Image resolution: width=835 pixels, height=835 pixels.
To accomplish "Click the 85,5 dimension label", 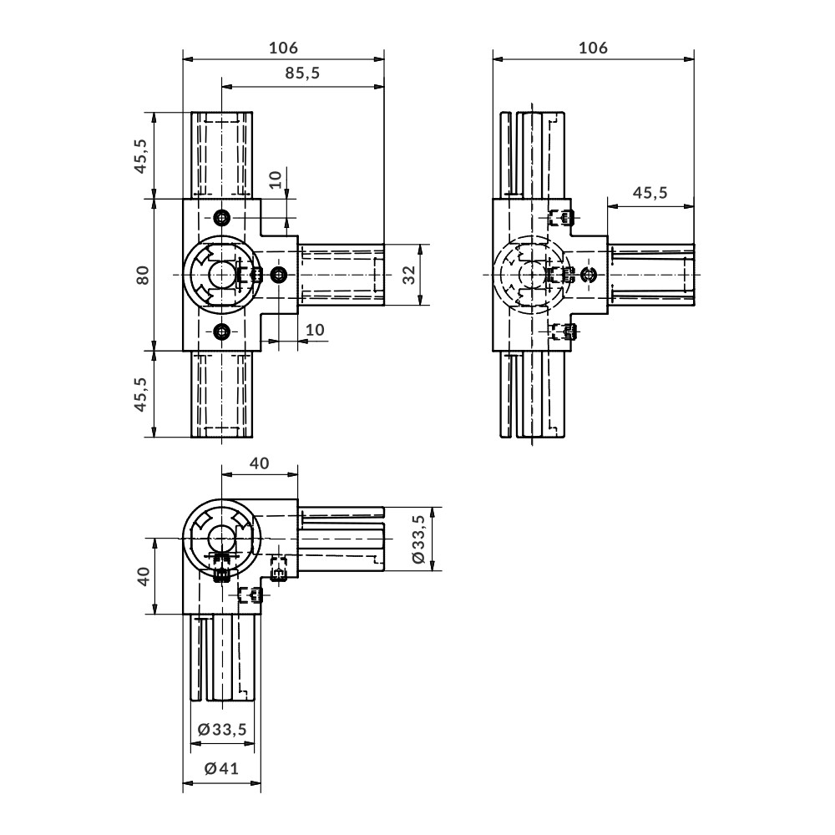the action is (x=302, y=73).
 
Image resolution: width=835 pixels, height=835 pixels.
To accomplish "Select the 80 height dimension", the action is (x=143, y=275).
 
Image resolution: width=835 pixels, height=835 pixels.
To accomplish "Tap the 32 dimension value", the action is (x=408, y=275).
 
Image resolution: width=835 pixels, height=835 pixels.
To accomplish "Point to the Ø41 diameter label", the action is (x=221, y=768).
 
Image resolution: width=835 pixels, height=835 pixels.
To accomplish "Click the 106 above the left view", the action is (x=283, y=48).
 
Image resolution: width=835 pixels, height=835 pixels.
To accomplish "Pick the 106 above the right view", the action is (x=593, y=48).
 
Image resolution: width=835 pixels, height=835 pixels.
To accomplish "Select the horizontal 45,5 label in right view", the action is (x=650, y=192).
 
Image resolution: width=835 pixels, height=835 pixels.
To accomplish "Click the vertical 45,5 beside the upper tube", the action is (x=140, y=155).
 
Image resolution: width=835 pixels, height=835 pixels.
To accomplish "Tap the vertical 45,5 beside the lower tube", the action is (x=140, y=394).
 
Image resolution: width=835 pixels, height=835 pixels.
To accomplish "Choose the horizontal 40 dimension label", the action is (x=260, y=463).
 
